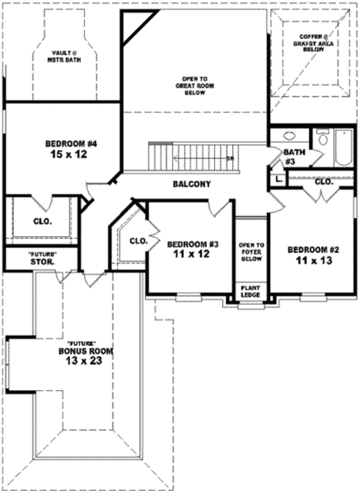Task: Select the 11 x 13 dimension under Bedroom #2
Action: click(x=314, y=261)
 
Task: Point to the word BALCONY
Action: click(x=191, y=184)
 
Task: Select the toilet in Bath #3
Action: click(x=323, y=139)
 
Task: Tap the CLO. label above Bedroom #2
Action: click(x=324, y=181)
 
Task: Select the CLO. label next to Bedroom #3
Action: click(x=139, y=241)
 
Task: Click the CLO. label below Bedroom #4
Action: click(x=41, y=221)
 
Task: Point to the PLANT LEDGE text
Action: click(x=250, y=292)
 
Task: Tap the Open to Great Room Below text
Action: click(x=194, y=86)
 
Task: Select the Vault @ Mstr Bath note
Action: click(x=64, y=57)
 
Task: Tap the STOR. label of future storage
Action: click(x=42, y=262)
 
